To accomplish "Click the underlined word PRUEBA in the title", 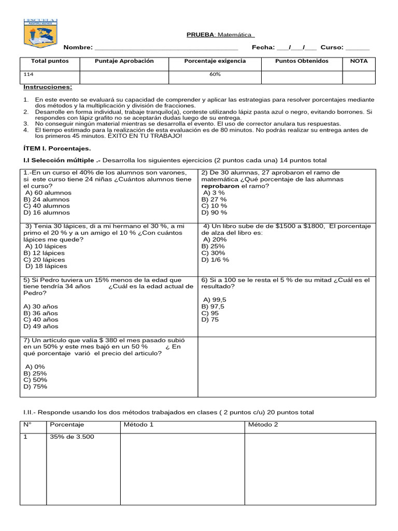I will (x=200, y=35).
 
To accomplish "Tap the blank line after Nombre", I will (x=166, y=48).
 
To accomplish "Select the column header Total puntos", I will (x=50, y=61).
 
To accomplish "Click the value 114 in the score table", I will (x=29, y=74).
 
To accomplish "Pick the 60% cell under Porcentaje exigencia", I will (x=215, y=74).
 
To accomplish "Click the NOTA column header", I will (x=359, y=61).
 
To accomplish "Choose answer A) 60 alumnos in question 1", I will (x=48, y=192).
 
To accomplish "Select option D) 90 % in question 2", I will (x=214, y=213).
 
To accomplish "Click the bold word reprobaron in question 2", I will (x=220, y=186).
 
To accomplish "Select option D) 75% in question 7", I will (x=35, y=386).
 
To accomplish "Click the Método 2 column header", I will (x=263, y=425).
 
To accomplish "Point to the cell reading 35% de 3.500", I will (x=72, y=437).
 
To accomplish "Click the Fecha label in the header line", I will (x=263, y=48).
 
